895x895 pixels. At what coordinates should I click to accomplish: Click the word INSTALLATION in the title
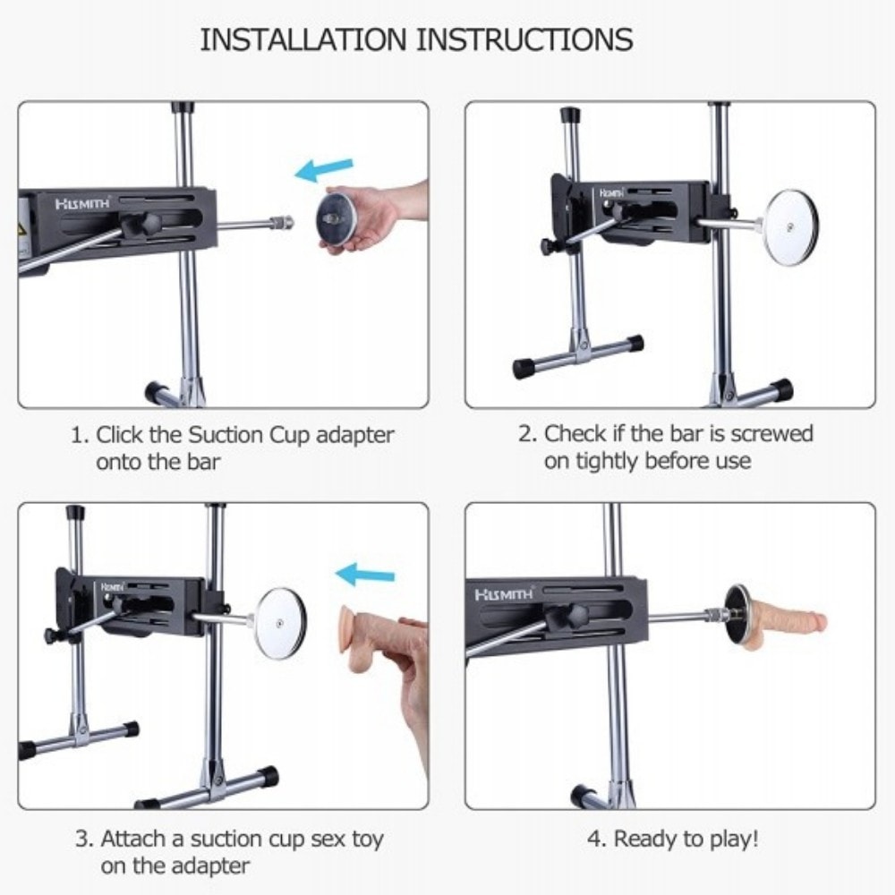click(x=303, y=40)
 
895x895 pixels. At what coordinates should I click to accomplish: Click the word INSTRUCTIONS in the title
click(x=524, y=40)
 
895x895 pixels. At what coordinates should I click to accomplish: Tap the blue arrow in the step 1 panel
click(x=324, y=169)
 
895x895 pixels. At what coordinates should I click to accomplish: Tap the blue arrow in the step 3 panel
click(x=365, y=575)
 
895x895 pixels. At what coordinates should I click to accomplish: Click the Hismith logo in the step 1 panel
click(x=82, y=203)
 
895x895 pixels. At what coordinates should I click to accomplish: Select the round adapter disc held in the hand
click(x=337, y=218)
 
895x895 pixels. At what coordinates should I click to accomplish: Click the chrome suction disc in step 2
click(x=792, y=227)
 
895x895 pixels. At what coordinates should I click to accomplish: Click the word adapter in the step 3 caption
click(x=210, y=866)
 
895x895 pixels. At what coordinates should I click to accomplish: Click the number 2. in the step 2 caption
click(x=528, y=434)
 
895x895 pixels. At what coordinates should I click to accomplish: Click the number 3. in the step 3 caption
click(x=85, y=840)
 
